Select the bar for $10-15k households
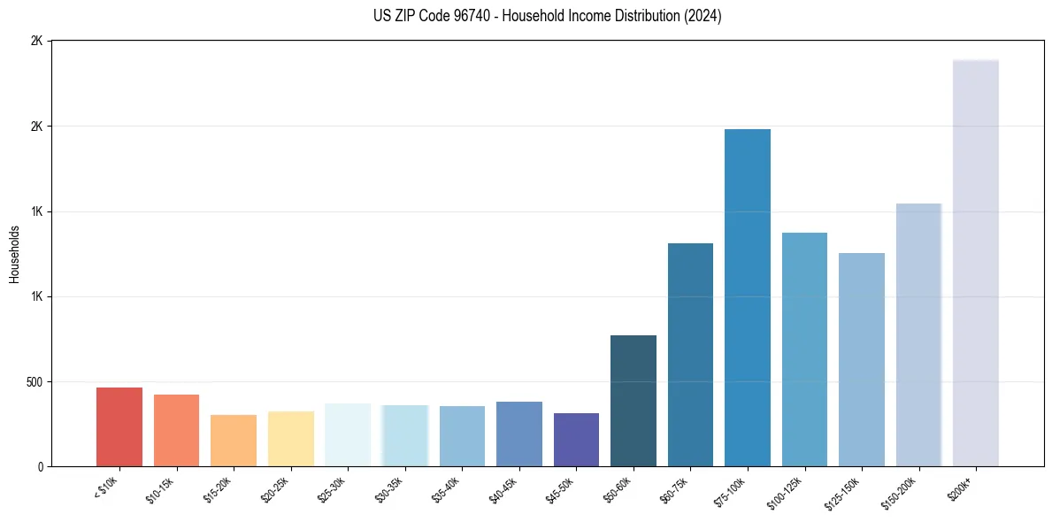pyautogui.click(x=176, y=431)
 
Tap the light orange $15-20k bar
pyautogui.click(x=234, y=441)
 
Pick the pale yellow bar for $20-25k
pyautogui.click(x=290, y=439)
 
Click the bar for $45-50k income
pyautogui.click(x=576, y=440)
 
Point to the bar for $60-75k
pyautogui.click(x=690, y=355)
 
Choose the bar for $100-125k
pyautogui.click(x=804, y=349)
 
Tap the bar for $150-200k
pyautogui.click(x=918, y=335)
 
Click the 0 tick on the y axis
pyautogui.click(x=40, y=467)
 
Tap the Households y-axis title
pyautogui.click(x=15, y=254)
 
